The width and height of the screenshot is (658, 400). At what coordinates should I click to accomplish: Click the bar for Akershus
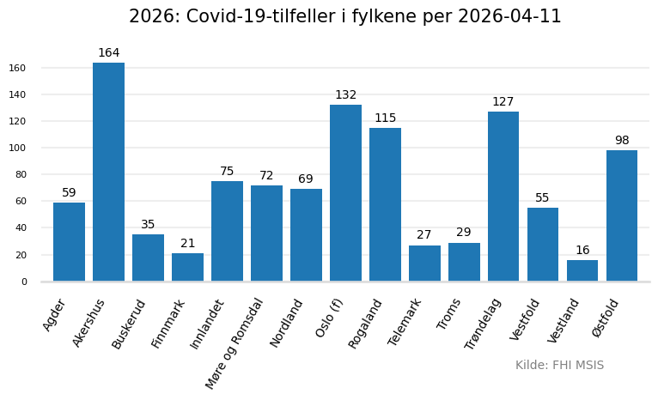click(x=108, y=172)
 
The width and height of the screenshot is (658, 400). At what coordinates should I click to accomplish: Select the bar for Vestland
click(x=582, y=270)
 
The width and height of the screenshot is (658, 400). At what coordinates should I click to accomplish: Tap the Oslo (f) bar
click(x=345, y=193)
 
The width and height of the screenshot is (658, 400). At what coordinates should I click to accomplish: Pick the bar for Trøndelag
click(x=503, y=196)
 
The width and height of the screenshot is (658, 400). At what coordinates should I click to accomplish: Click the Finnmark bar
click(x=187, y=267)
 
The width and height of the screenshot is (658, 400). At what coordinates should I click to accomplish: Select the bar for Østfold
click(x=622, y=215)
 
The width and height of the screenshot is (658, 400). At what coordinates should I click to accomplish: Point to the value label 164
click(x=109, y=53)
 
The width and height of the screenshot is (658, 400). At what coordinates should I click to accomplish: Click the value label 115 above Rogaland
click(x=385, y=118)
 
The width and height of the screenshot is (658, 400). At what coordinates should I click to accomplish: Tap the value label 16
click(x=582, y=251)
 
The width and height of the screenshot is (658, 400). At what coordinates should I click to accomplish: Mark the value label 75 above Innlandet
click(x=227, y=172)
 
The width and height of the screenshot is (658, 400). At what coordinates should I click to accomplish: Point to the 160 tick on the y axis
click(x=17, y=68)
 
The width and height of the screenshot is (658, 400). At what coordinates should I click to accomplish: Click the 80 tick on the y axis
click(x=21, y=174)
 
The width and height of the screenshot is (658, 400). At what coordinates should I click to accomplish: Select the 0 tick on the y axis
click(x=24, y=282)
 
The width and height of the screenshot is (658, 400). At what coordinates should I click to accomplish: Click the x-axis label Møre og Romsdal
click(x=235, y=342)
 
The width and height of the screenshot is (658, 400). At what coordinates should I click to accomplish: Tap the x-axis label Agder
click(x=55, y=315)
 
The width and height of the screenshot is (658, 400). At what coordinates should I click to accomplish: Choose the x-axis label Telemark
click(x=405, y=322)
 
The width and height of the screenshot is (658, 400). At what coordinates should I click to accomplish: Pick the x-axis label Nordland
click(x=287, y=323)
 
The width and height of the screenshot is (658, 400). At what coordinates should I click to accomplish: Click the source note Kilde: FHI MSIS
click(x=559, y=366)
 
